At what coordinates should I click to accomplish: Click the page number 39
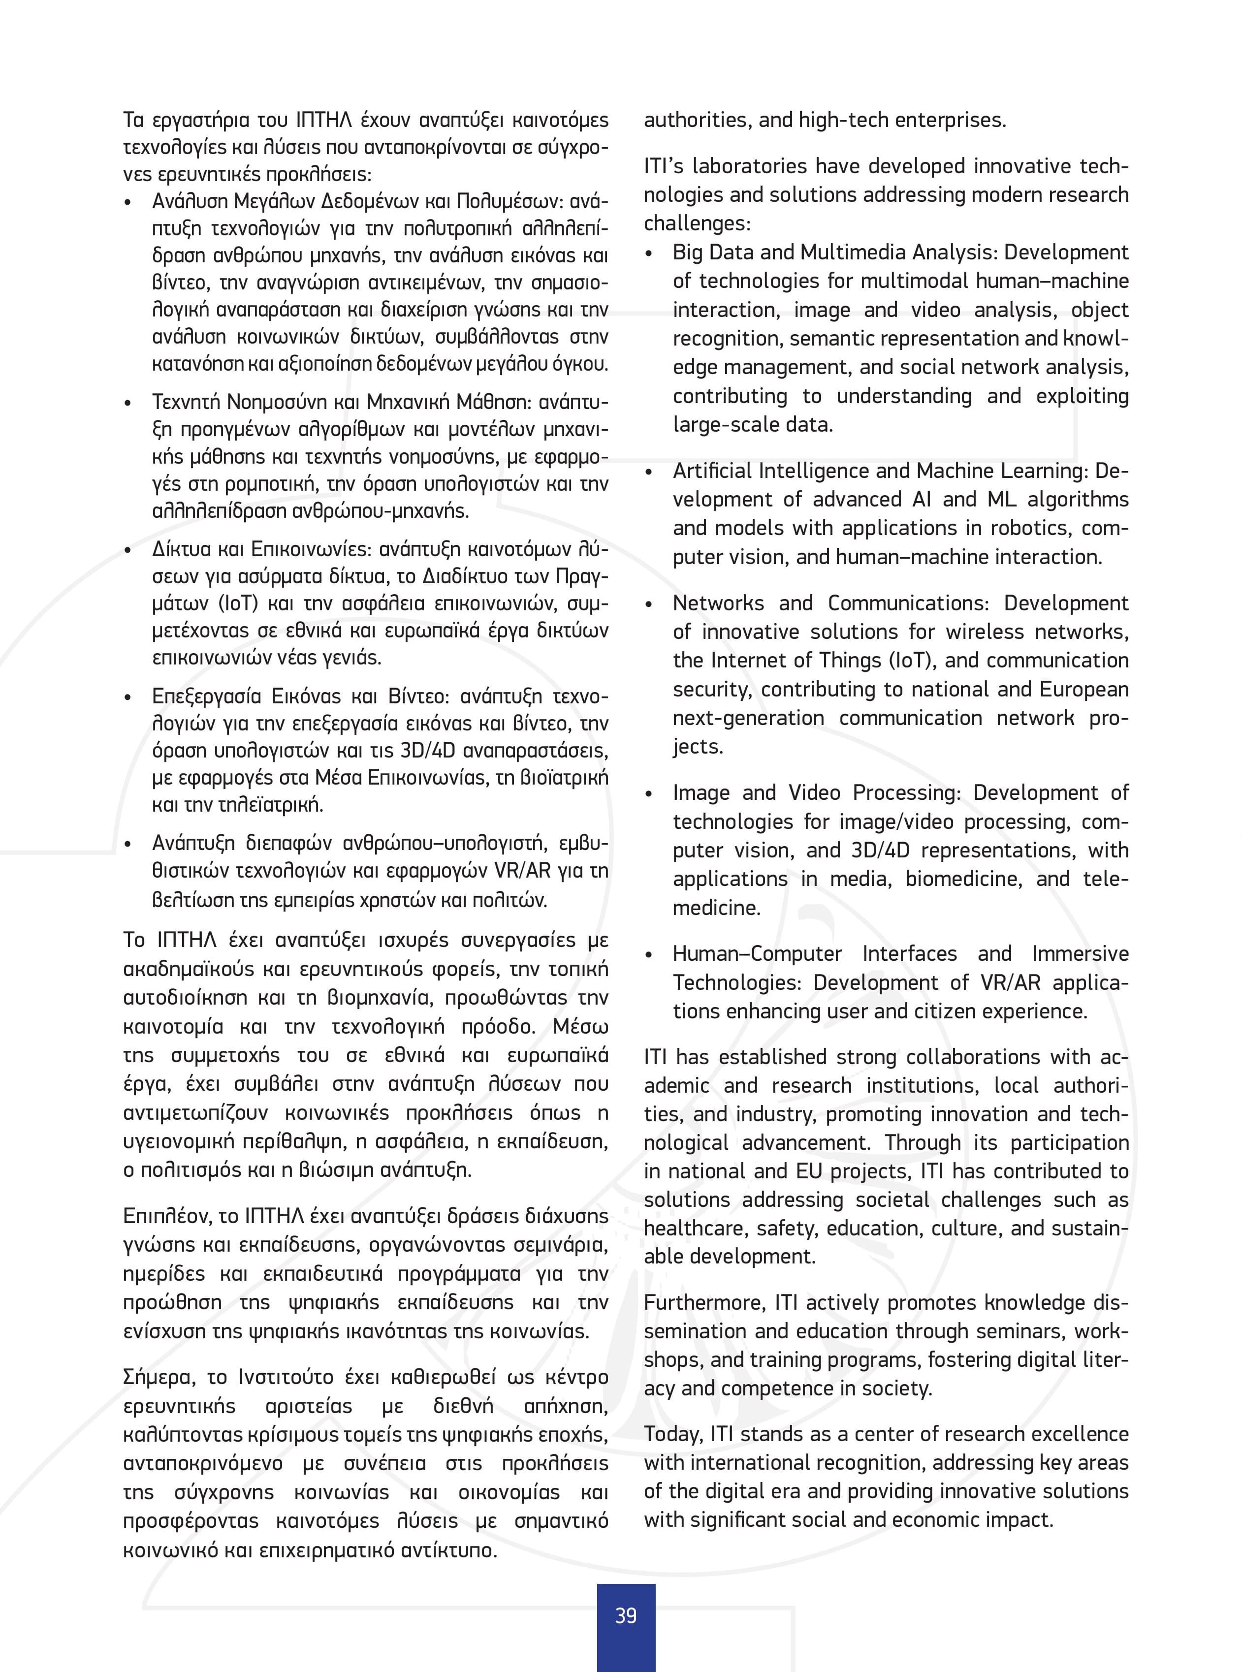click(626, 1615)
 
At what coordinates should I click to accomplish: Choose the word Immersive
click(1080, 953)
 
